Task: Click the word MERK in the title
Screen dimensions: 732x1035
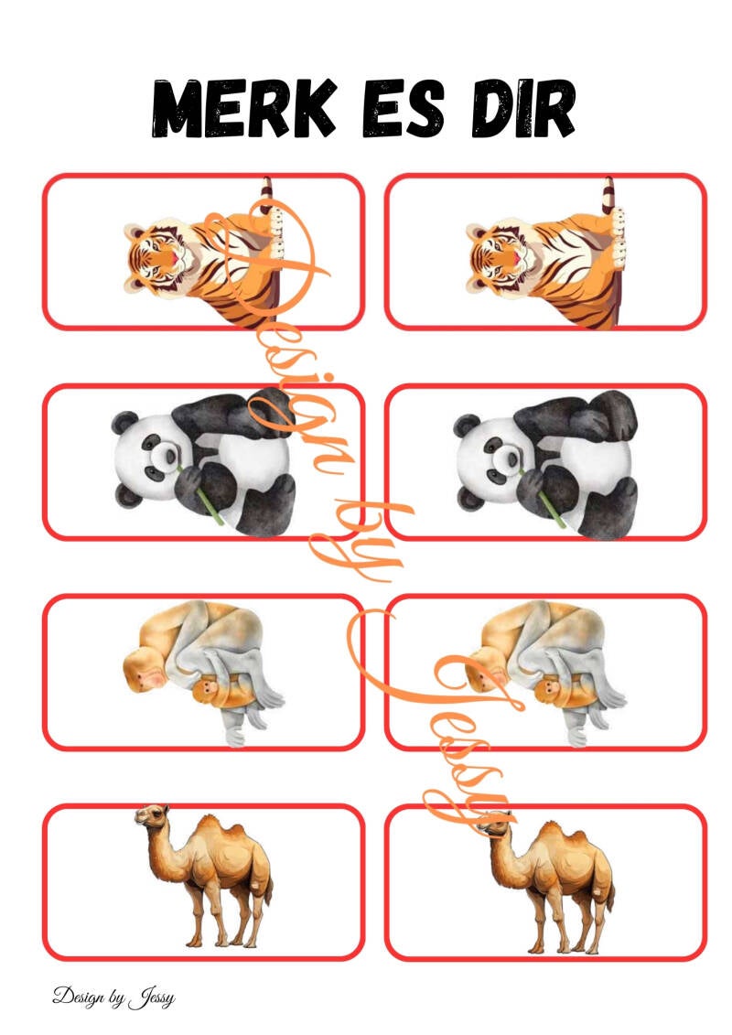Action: (242, 109)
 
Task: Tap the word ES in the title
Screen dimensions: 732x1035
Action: (403, 109)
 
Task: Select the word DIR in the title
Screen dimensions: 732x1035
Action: (522, 109)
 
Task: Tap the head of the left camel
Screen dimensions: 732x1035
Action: (150, 816)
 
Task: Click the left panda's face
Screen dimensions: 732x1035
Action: (149, 455)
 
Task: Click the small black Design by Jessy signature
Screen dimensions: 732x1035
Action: (113, 997)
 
